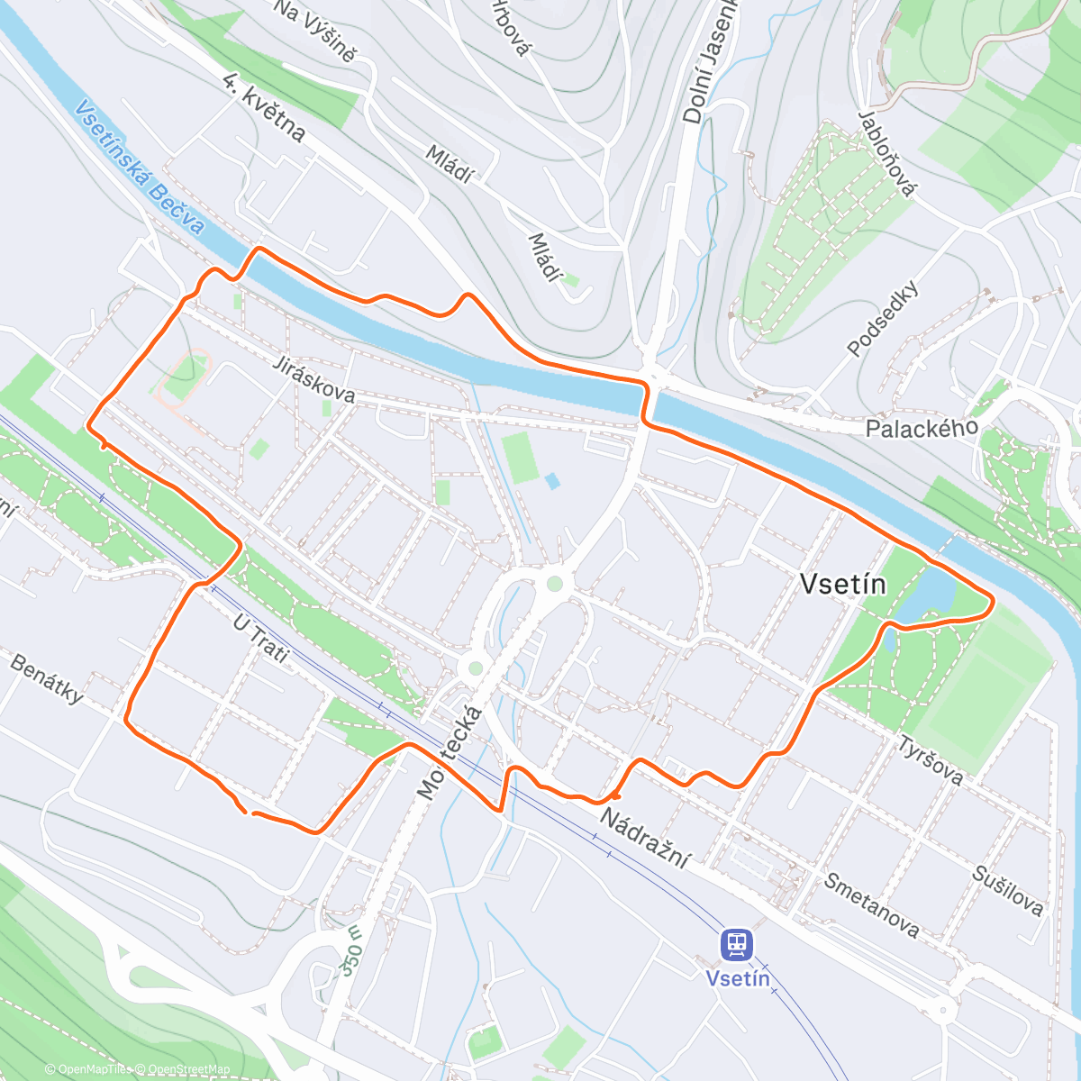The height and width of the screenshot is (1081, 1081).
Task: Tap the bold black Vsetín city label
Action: (x=843, y=585)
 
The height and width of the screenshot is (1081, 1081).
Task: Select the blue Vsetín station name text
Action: (x=737, y=978)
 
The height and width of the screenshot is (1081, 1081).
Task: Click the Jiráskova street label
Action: (x=314, y=380)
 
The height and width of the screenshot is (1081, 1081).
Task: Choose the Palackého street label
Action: (x=921, y=427)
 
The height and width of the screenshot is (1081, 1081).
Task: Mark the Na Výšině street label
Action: (x=314, y=31)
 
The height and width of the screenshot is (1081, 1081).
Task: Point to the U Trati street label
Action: (x=261, y=638)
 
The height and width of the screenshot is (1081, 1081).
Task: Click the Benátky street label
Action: (x=48, y=677)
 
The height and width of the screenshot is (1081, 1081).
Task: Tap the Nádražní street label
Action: (x=645, y=838)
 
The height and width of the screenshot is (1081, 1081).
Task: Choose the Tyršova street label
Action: (x=931, y=759)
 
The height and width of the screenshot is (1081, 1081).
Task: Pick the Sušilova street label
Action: (x=1007, y=890)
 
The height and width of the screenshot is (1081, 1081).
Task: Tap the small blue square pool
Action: (x=552, y=482)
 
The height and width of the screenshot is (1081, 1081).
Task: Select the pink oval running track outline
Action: (x=183, y=377)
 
